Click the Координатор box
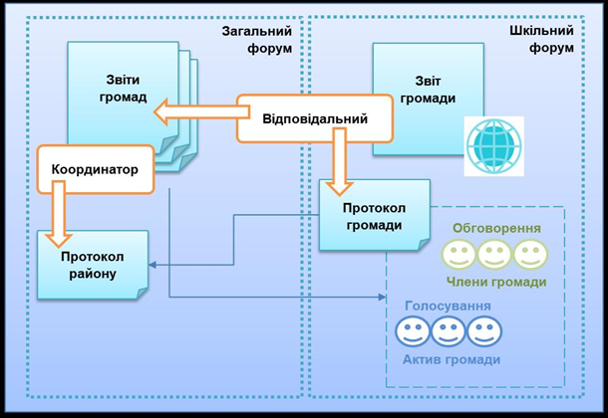(x=96, y=169)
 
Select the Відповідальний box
(x=314, y=118)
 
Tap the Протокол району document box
(x=92, y=265)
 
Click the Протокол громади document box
(x=374, y=216)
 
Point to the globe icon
(x=493, y=145)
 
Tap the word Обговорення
(x=497, y=228)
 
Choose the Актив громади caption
(x=452, y=359)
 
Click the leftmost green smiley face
(x=459, y=255)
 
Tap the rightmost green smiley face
(x=529, y=255)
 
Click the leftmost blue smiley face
(x=412, y=331)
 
